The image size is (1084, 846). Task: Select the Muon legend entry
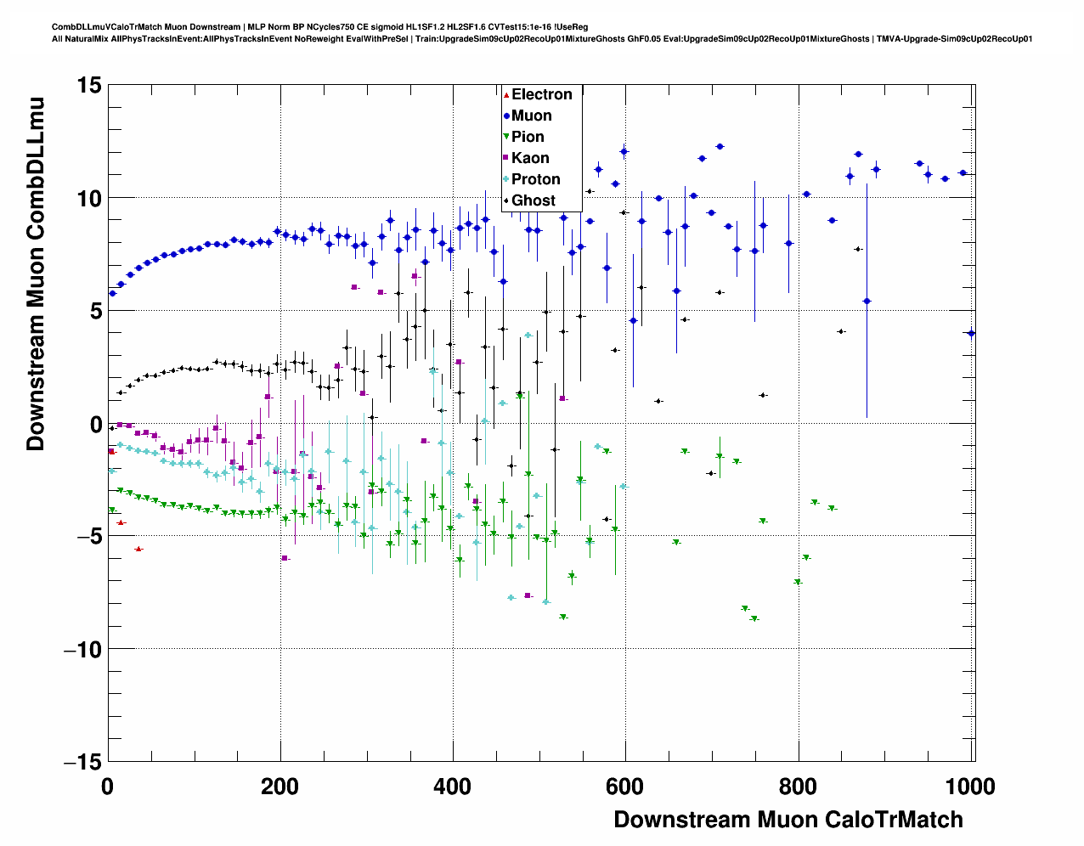[x=531, y=116]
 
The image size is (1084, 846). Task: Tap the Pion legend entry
[x=528, y=137]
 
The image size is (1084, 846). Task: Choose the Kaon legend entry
[x=530, y=158]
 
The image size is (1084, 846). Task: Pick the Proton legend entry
[x=535, y=179]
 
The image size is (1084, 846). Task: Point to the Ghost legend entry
[x=533, y=200]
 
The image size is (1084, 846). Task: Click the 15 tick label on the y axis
[x=88, y=85]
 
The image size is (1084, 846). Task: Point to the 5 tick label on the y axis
[x=94, y=311]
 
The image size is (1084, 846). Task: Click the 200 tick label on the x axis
[x=279, y=787]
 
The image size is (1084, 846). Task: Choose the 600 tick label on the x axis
[x=624, y=787]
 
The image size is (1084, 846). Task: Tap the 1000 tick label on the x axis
[x=969, y=787]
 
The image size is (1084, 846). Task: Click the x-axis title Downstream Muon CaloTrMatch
[x=788, y=820]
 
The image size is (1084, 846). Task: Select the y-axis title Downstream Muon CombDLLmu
[x=36, y=274]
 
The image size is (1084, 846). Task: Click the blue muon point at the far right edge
[x=971, y=334]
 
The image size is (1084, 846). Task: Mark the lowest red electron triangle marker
[x=138, y=550]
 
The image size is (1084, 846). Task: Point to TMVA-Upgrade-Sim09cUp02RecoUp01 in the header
[x=955, y=39]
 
